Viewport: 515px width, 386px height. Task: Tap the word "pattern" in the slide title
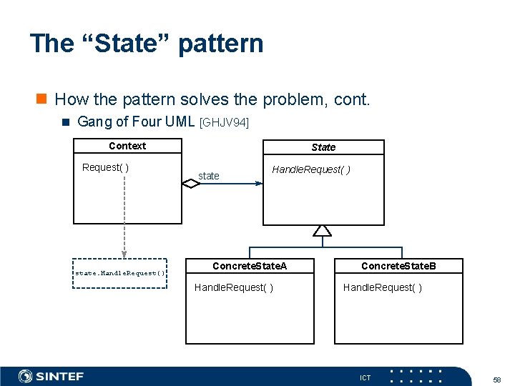coord(220,44)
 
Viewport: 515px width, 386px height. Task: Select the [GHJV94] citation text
coord(225,123)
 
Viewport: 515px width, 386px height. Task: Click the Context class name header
coord(127,146)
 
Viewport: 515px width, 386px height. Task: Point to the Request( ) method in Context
coord(105,167)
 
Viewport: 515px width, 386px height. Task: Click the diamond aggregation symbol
coord(191,184)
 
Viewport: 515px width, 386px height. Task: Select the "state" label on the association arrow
coord(209,176)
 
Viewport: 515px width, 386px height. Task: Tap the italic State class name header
coord(323,147)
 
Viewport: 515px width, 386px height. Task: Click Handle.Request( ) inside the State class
coord(311,169)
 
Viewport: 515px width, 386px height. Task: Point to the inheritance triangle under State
coord(323,230)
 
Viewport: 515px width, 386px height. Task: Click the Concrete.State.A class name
coord(250,266)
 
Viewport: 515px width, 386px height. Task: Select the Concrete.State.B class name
coord(398,266)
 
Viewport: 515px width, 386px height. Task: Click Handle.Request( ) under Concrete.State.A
coord(234,287)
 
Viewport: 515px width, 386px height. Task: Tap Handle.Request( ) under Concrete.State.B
coord(383,287)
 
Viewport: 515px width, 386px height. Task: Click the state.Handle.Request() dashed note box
coord(120,273)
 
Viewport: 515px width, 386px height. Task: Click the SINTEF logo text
coord(60,376)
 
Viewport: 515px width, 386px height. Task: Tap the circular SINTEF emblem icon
coord(26,376)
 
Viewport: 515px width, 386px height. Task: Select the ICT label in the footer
coord(365,377)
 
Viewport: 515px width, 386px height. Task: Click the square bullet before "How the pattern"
coord(43,99)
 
